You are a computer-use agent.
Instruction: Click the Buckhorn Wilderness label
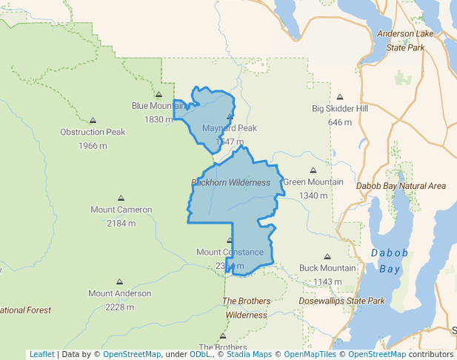click(x=230, y=182)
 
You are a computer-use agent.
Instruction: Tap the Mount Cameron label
click(x=121, y=210)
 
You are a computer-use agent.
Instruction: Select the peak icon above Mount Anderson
click(x=119, y=282)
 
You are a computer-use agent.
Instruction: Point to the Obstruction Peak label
click(x=93, y=133)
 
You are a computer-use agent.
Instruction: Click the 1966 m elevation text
click(x=93, y=145)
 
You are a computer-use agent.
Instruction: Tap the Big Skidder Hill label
click(x=340, y=109)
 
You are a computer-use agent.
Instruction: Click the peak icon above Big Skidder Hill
click(x=340, y=97)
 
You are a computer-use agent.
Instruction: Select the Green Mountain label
click(x=313, y=182)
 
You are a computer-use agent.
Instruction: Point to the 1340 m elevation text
click(x=313, y=196)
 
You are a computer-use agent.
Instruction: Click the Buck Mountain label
click(x=327, y=268)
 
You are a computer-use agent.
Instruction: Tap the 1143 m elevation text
click(x=327, y=281)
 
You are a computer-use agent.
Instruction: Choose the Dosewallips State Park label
click(x=341, y=301)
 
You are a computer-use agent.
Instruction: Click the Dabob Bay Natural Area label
click(x=401, y=186)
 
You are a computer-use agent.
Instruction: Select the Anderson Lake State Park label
click(x=405, y=40)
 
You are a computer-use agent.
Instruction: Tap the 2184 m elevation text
click(x=121, y=223)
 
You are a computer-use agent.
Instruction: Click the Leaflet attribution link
click(x=41, y=354)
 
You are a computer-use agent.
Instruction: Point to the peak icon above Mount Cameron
click(x=121, y=198)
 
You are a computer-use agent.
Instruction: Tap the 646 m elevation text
click(x=339, y=122)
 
